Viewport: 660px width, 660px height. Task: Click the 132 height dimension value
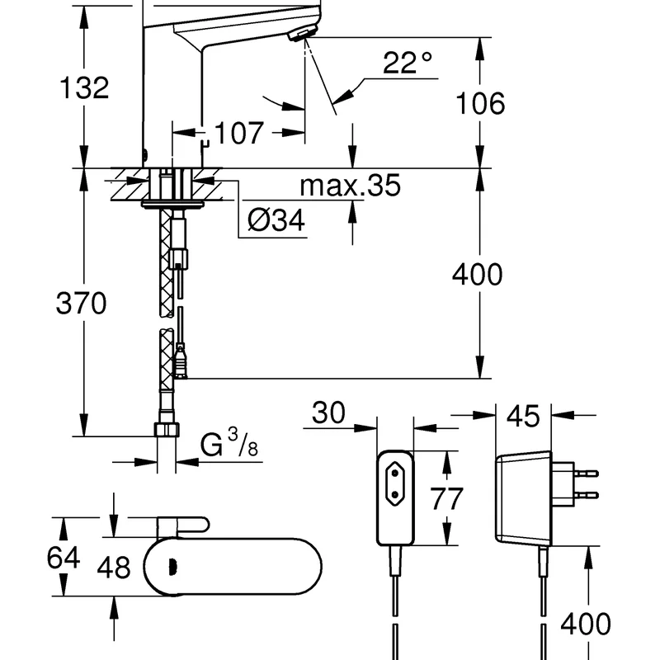(x=82, y=87)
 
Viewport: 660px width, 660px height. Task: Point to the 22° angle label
(x=408, y=64)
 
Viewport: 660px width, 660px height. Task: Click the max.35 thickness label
(x=350, y=186)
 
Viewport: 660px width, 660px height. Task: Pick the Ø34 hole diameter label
(x=276, y=220)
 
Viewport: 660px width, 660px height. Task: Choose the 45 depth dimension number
(x=522, y=416)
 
